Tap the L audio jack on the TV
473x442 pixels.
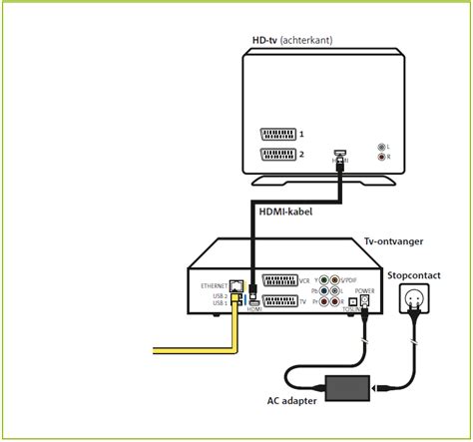[380, 147]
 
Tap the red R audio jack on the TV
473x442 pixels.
[380, 158]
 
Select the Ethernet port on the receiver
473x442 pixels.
[235, 285]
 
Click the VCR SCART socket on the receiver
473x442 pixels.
[277, 281]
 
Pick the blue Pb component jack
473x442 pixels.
[323, 291]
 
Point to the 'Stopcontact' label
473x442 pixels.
[413, 272]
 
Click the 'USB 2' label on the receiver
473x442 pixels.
[211, 294]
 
